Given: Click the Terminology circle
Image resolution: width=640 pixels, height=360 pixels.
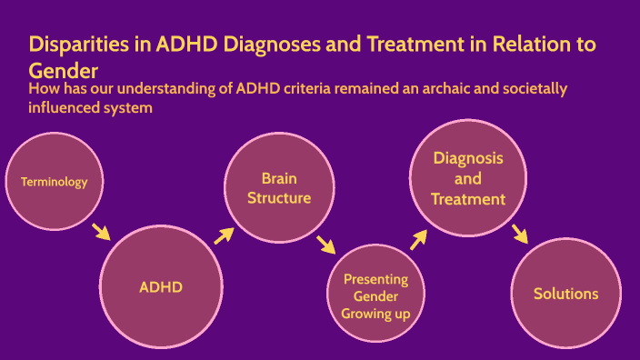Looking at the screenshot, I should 55,182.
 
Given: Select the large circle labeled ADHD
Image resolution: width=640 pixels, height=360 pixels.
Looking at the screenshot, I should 161,288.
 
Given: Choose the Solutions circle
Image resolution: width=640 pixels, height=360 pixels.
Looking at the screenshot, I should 565,294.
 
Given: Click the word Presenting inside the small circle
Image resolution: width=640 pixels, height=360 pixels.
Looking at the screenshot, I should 375,279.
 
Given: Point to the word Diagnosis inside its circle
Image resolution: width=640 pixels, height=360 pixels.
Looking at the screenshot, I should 468,158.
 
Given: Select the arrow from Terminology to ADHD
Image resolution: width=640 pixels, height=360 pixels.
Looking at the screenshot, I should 101,231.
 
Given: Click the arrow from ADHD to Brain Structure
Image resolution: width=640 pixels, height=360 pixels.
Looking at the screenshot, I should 223,236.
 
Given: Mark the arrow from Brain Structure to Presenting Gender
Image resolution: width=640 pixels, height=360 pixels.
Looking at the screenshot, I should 325,245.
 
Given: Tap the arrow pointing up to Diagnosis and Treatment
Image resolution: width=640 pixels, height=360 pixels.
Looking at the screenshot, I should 418,239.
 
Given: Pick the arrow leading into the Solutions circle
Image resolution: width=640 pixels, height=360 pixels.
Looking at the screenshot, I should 520,234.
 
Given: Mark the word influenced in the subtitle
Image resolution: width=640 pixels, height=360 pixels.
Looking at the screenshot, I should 69,107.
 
